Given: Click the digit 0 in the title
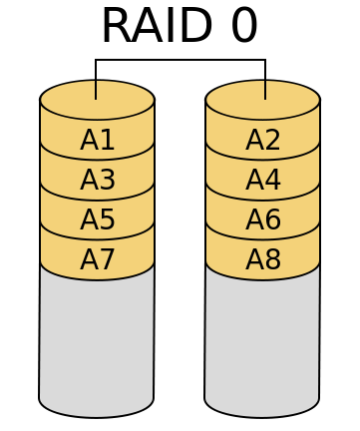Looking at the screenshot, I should [x=243, y=25].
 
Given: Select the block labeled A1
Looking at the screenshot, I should [x=97, y=140].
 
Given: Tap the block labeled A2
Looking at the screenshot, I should [x=262, y=140].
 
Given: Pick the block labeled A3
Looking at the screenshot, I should [x=97, y=180].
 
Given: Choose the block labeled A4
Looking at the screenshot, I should [x=262, y=180].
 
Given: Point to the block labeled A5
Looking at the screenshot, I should [x=97, y=219].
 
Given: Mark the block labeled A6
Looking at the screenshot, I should [x=262, y=219].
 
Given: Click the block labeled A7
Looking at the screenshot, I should [x=97, y=259].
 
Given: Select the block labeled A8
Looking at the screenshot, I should [x=262, y=259].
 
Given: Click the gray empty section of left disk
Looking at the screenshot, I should [x=97, y=339].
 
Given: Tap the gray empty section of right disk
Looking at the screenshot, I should [x=262, y=339].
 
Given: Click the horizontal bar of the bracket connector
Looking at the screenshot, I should [x=180, y=61].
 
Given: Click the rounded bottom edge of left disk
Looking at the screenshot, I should [x=97, y=416].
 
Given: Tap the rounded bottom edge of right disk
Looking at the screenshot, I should [x=262, y=416].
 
